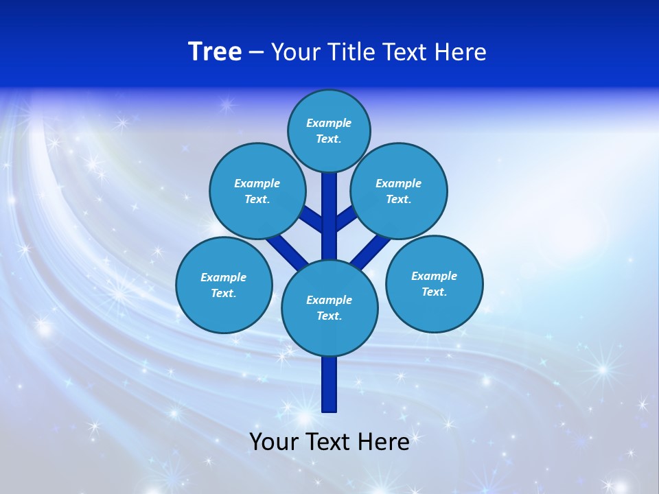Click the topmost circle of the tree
[329, 130]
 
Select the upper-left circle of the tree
[257, 191]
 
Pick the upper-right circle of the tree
[399, 191]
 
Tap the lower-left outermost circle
[224, 285]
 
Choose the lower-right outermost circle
[435, 283]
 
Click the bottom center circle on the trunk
[329, 308]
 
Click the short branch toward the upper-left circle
[313, 218]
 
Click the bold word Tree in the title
[215, 51]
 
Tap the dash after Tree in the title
[256, 51]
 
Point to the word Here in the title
[462, 51]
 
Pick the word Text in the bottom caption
[330, 441]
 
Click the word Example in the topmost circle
[329, 123]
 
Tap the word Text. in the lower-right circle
[435, 292]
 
